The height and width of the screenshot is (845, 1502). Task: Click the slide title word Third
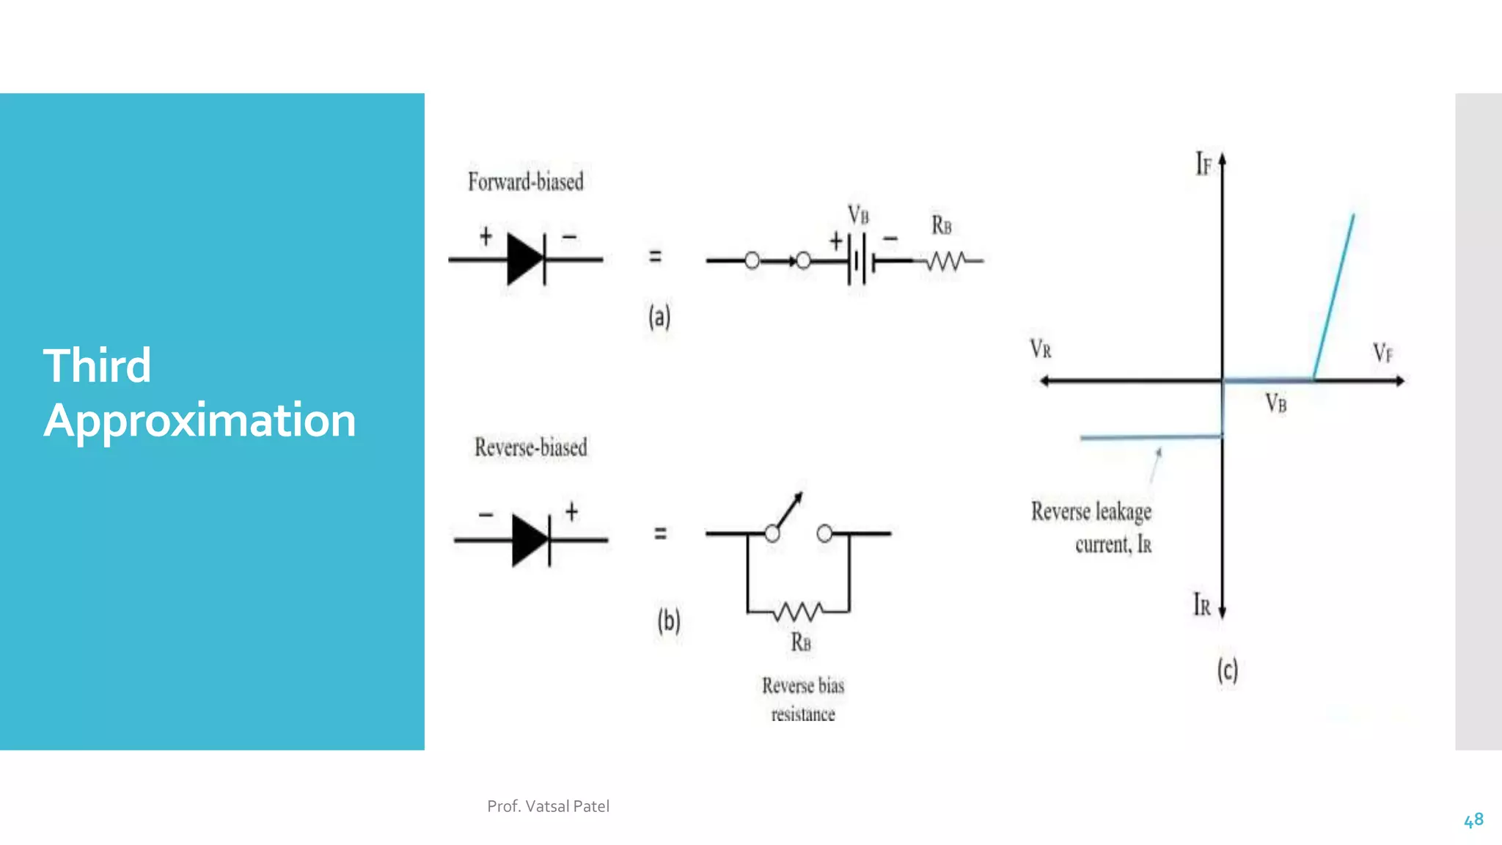tap(97, 365)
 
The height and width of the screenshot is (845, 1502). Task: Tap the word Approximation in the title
tap(199, 420)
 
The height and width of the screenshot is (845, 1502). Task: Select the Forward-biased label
tap(526, 182)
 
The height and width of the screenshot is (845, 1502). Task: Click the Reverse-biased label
tap(530, 447)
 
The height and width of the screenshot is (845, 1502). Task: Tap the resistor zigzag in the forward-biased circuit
tap(946, 261)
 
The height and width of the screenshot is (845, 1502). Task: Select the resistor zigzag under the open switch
tap(799, 611)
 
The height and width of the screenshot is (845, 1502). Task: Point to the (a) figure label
tap(659, 317)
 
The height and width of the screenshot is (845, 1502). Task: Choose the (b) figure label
tap(668, 621)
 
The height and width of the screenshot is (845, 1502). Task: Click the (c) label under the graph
tap(1227, 670)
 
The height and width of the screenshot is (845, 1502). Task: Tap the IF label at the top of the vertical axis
tap(1204, 164)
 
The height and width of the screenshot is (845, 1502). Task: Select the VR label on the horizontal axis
tap(1041, 349)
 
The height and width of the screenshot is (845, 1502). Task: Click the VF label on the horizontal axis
tap(1382, 353)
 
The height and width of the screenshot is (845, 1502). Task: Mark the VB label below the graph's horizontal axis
tap(1275, 403)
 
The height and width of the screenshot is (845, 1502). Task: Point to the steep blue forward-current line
tap(1334, 296)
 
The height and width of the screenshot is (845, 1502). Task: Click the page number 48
tap(1473, 820)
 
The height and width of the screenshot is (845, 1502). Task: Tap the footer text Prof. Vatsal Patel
tap(548, 806)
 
